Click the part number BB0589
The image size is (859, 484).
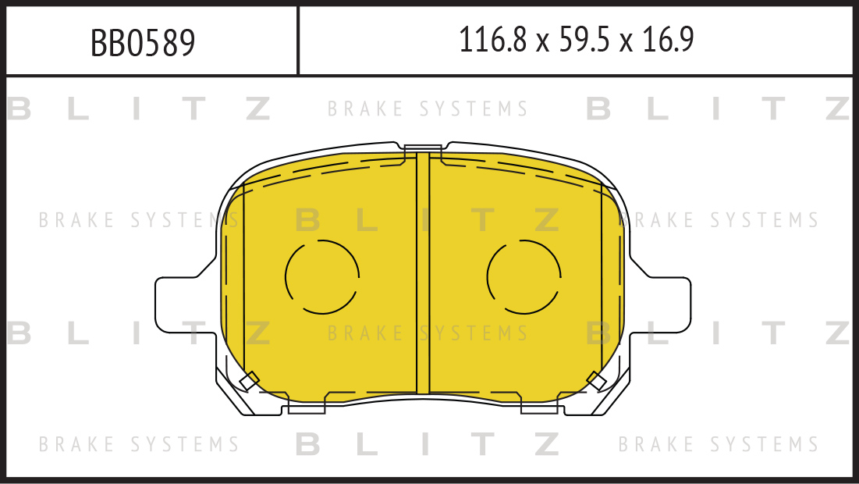[143, 43]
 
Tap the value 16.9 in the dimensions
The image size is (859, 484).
[668, 40]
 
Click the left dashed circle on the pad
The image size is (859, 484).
[322, 276]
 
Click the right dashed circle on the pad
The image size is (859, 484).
[524, 276]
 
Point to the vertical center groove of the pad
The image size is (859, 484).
[423, 273]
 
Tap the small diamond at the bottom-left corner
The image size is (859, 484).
[250, 380]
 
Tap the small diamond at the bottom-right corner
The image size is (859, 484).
[596, 380]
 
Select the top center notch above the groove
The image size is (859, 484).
[423, 148]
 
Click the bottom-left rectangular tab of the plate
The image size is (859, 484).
[307, 406]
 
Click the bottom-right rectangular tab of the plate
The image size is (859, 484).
[539, 406]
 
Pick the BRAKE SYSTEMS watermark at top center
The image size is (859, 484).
[428, 109]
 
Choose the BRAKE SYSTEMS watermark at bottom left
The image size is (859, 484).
[139, 445]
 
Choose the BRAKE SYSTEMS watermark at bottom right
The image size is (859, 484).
[719, 445]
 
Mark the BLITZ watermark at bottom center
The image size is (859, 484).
[428, 445]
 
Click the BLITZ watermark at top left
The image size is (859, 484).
[139, 109]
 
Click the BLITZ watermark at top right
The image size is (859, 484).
[719, 109]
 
